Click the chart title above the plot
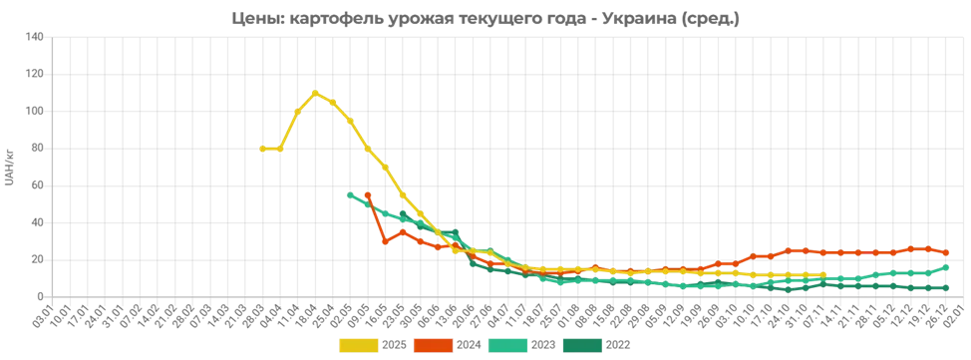click(485, 18)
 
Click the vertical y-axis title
click(8, 167)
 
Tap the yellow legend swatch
click(358, 345)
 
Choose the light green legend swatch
click(507, 345)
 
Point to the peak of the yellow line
click(317, 93)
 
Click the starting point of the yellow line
click(260, 149)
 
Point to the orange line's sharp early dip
click(383, 241)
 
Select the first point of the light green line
click(346, 193)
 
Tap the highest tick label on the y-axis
click(40, 38)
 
